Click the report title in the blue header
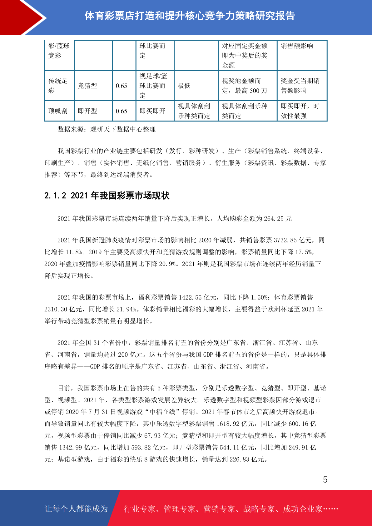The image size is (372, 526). coord(190,16)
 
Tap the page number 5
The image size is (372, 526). coord(325,480)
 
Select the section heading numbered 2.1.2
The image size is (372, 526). coord(107,196)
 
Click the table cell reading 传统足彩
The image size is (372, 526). coord(58,86)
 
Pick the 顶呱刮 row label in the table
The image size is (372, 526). coord(58,111)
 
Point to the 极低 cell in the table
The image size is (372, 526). coord(184,86)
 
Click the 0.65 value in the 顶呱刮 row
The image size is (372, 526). coord(122,111)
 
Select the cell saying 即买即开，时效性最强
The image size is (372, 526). coord(300,111)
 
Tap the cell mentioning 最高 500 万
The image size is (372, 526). coord(245,86)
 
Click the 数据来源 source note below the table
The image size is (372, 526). coord(107,129)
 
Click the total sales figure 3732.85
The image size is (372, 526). coord(285,240)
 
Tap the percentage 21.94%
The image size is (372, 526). coord(126,309)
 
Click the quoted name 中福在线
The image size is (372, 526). coord(162,412)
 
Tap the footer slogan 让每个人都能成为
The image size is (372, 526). coord(76,509)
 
